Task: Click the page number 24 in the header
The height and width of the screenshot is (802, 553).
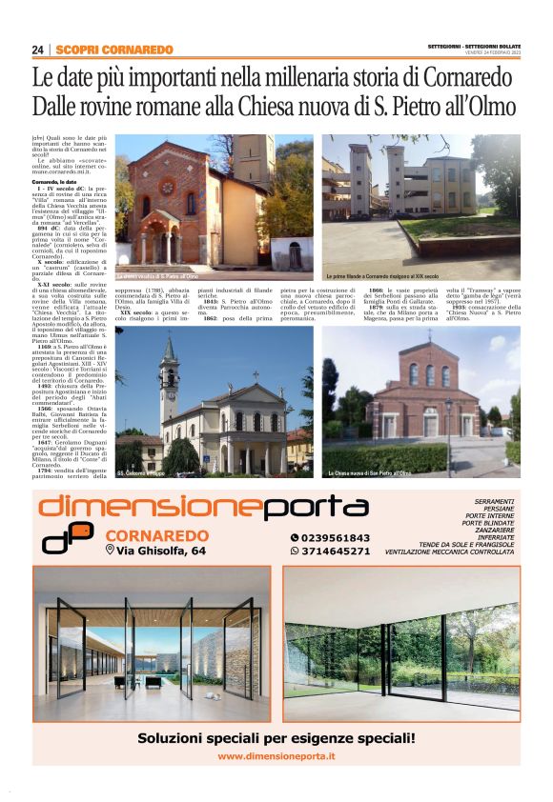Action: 38,50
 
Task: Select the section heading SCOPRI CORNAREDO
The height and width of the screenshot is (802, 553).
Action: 114,50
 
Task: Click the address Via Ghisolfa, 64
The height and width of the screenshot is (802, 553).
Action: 159,551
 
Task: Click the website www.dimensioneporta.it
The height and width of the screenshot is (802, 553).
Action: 276,756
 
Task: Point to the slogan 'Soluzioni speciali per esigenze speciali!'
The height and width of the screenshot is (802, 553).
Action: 276,737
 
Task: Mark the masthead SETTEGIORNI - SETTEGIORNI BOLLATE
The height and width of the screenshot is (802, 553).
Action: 473,45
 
